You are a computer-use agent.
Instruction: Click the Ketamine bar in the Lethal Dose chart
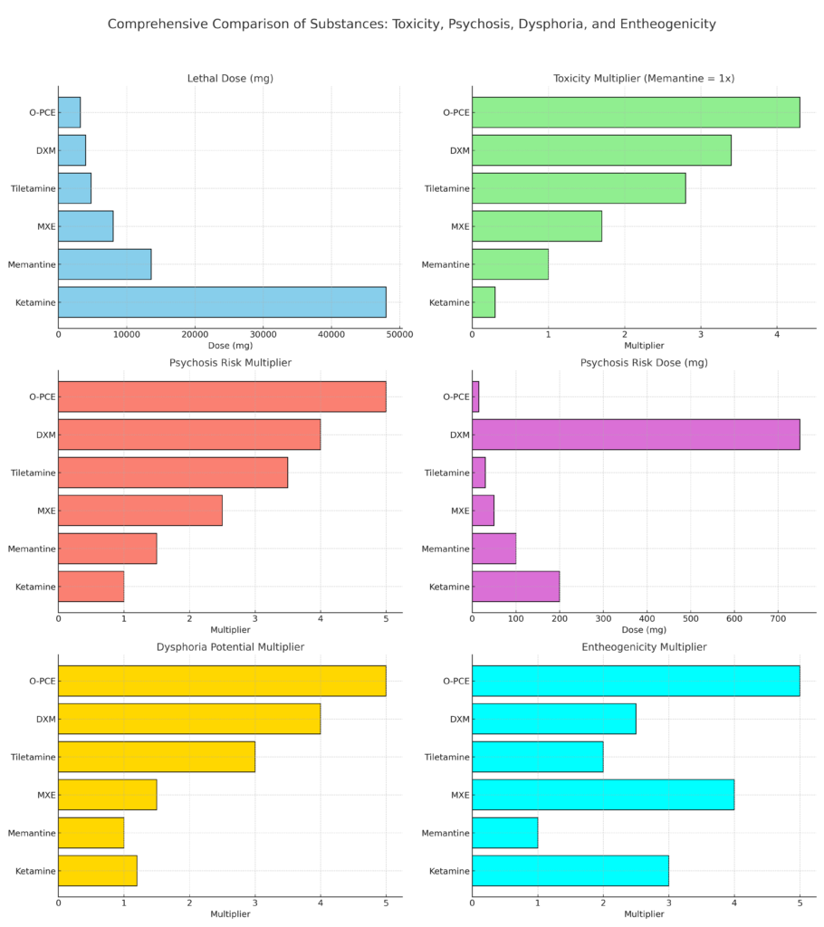point(222,302)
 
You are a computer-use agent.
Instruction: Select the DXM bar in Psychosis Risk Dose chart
point(636,435)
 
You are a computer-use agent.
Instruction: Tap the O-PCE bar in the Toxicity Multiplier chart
point(636,112)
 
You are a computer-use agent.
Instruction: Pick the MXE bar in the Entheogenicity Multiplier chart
point(603,795)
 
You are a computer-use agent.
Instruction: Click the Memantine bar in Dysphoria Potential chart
point(91,833)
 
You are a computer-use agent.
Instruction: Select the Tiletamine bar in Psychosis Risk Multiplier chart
point(173,473)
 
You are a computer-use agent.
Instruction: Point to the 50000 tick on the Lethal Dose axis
point(399,334)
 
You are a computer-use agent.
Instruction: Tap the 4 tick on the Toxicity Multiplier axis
point(777,334)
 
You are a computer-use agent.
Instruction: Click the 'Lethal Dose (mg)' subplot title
point(230,79)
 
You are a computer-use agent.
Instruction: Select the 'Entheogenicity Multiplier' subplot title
point(643,647)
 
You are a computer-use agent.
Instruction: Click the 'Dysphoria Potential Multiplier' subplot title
point(230,647)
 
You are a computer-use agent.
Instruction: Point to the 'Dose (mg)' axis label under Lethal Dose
point(230,346)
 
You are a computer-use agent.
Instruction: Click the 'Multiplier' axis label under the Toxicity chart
point(643,346)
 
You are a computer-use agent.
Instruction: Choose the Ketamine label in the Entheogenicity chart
point(448,871)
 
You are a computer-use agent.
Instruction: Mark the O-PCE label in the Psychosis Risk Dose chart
point(455,397)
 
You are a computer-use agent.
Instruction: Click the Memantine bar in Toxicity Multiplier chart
point(510,264)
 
